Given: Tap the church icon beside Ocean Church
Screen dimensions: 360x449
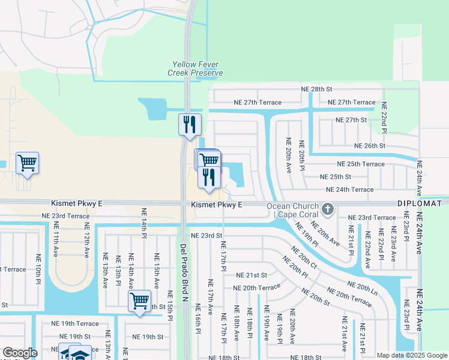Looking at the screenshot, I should (x=327, y=209).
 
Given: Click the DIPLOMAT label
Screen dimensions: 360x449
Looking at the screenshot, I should (x=420, y=204).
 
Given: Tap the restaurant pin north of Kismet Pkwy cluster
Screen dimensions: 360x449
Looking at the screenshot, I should (x=190, y=125).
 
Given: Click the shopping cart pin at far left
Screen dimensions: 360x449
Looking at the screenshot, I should (x=27, y=163).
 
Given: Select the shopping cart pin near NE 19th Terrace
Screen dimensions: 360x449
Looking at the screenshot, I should (x=139, y=299).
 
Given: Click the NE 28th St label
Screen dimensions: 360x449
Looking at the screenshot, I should (x=317, y=89).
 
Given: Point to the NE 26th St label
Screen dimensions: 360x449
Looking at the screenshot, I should (x=369, y=146).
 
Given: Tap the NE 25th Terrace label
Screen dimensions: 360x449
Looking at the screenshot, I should (x=361, y=164).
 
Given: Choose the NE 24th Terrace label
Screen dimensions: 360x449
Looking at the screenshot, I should (x=349, y=190).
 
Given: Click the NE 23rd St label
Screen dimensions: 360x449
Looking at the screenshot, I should (x=206, y=236).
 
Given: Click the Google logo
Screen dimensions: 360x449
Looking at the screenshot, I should (x=20, y=353).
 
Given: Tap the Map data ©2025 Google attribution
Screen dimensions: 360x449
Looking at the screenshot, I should (x=411, y=355).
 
